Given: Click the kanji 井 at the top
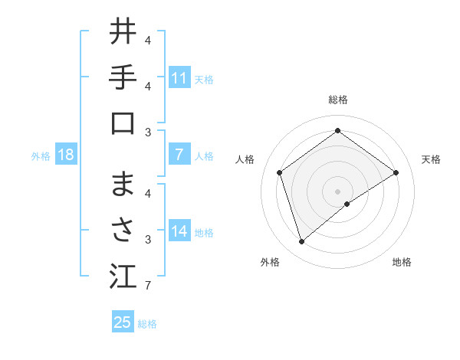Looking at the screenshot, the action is tap(123, 31).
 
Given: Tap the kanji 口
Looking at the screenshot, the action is tap(123, 123).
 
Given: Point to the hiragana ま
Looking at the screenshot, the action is tap(123, 185).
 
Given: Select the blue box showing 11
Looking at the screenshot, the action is tap(179, 77).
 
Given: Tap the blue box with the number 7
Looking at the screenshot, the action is tap(179, 155).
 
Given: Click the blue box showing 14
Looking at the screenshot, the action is tap(179, 231).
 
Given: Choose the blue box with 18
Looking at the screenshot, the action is tap(66, 155).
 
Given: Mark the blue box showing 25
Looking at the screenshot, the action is tap(122, 322).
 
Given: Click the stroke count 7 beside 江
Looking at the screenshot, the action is tap(147, 286).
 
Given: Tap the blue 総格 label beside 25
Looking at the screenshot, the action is tap(147, 324).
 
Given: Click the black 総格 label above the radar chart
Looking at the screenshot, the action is tap(337, 100).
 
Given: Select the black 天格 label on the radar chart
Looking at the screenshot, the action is tap(431, 159).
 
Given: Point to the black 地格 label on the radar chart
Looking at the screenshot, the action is tap(402, 262).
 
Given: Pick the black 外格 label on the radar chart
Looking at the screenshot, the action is tap(270, 262).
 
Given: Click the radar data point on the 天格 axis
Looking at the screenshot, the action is tap(396, 172).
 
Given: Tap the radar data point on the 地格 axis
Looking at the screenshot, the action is tap(347, 204).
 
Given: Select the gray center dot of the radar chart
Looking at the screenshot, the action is tap(337, 191).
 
